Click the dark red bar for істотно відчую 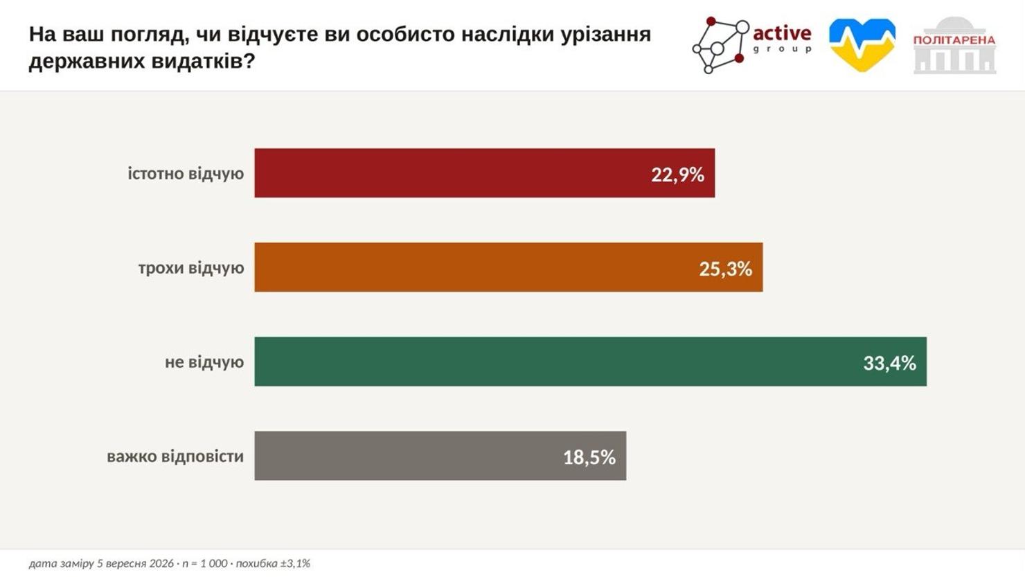pyautogui.click(x=485, y=173)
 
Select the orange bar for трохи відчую pyautogui.click(x=508, y=267)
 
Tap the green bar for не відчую pyautogui.click(x=591, y=362)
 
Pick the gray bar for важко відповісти pyautogui.click(x=440, y=456)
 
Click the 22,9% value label pyautogui.click(x=678, y=175)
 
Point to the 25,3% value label pyautogui.click(x=726, y=269)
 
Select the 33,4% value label pyautogui.click(x=889, y=364)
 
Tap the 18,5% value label pyautogui.click(x=589, y=458)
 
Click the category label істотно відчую pyautogui.click(x=186, y=174)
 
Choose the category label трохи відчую pyautogui.click(x=191, y=268)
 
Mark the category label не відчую pyautogui.click(x=204, y=362)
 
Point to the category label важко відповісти pyautogui.click(x=175, y=456)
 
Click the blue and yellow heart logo pyautogui.click(x=862, y=45)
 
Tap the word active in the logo pyautogui.click(x=782, y=33)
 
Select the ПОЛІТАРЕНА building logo pyautogui.click(x=954, y=45)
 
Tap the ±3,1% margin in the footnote pyautogui.click(x=295, y=563)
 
